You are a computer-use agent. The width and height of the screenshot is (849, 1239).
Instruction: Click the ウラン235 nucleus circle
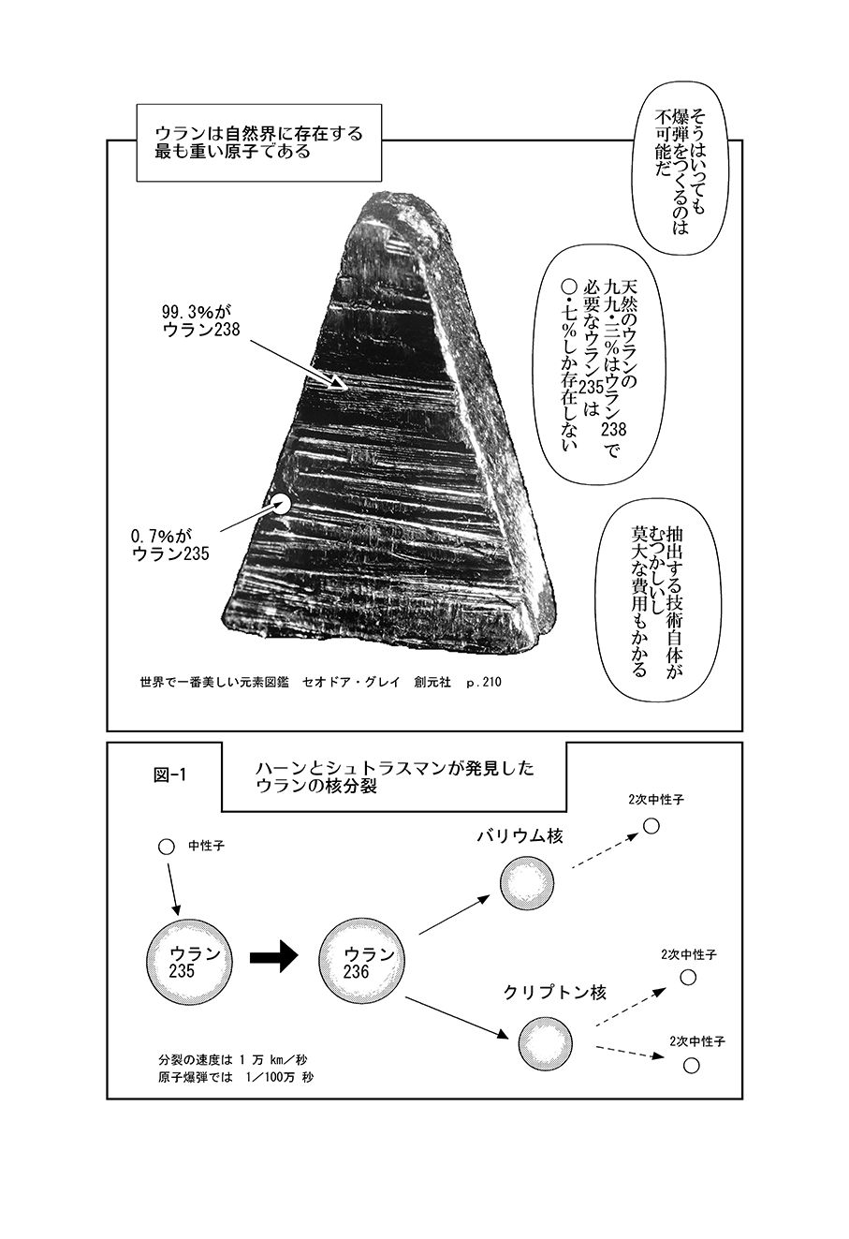click(x=189, y=963)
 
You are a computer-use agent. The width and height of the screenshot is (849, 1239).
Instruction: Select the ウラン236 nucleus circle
click(x=362, y=963)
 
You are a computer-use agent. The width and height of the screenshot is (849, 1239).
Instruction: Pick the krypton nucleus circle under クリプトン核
click(x=545, y=1043)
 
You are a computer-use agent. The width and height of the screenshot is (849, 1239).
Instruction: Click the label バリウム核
click(x=520, y=835)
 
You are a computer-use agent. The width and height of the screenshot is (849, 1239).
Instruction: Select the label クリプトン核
click(x=554, y=993)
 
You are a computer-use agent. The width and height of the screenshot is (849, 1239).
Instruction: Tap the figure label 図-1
click(x=169, y=774)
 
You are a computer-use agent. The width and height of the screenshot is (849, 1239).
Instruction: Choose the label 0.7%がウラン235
click(x=170, y=544)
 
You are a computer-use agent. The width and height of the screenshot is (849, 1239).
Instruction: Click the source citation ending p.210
click(x=320, y=682)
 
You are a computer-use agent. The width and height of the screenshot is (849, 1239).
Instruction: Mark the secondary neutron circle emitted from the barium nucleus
click(x=651, y=826)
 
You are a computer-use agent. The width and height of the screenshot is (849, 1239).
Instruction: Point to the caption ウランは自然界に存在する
click(x=259, y=133)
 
